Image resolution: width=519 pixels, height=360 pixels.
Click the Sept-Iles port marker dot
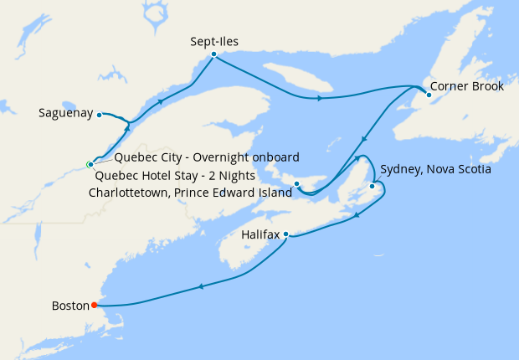pyautogui.click(x=214, y=54)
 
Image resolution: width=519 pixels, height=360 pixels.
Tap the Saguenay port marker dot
pyautogui.click(x=99, y=114)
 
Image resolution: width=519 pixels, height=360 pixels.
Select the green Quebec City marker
pyautogui.click(x=90, y=164)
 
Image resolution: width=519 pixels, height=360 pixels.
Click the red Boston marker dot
pyautogui.click(x=94, y=306)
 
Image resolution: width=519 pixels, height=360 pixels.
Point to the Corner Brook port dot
pyautogui.click(x=429, y=95)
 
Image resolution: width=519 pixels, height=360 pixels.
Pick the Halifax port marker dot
pyautogui.click(x=286, y=234)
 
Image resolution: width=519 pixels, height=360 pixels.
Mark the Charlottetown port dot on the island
pyautogui.click(x=297, y=183)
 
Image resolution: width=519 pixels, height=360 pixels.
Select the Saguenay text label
pyautogui.click(x=65, y=113)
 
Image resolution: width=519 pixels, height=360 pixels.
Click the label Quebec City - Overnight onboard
pyautogui.click(x=207, y=157)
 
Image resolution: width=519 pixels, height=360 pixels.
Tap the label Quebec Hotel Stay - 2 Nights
pyautogui.click(x=175, y=176)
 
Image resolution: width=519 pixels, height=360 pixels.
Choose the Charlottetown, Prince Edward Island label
pyautogui.click(x=190, y=193)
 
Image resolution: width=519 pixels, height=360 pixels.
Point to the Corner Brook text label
pyautogui.click(x=468, y=85)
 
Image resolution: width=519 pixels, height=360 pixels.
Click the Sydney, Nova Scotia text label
pyautogui.click(x=434, y=169)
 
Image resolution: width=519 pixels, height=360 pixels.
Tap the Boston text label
pyautogui.click(x=69, y=306)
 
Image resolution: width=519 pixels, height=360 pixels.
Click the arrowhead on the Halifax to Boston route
pyautogui.click(x=200, y=287)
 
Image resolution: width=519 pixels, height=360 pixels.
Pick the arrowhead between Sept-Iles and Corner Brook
pyautogui.click(x=319, y=99)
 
